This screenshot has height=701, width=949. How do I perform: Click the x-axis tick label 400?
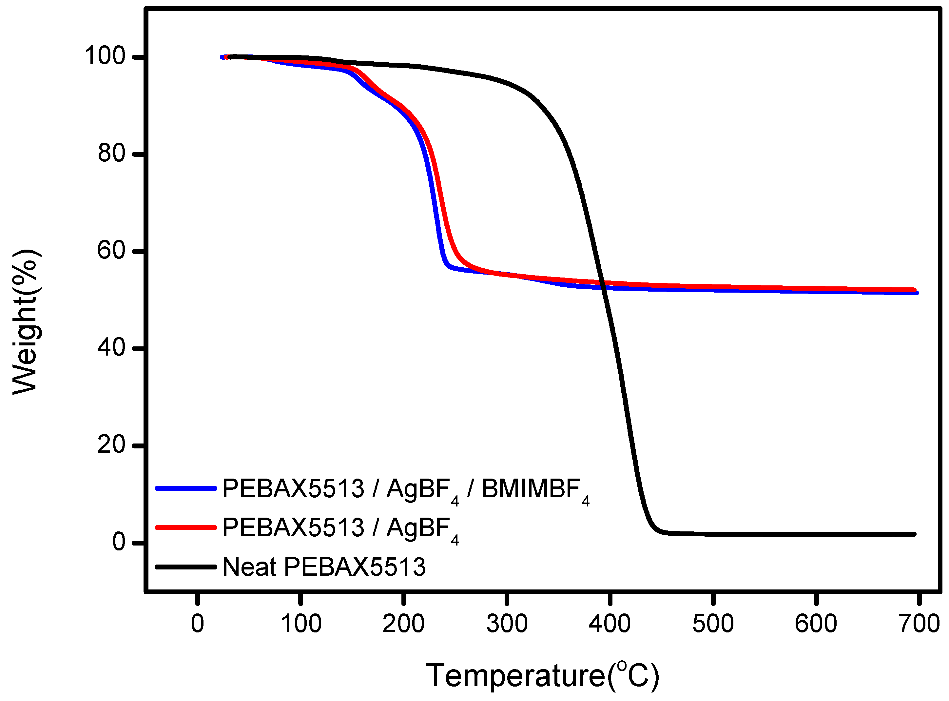(x=610, y=624)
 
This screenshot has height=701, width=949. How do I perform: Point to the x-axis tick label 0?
(x=198, y=624)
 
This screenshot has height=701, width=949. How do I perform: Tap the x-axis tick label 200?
(x=403, y=624)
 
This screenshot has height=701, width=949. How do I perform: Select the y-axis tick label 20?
(x=111, y=445)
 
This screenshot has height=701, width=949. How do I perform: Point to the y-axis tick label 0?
(x=119, y=542)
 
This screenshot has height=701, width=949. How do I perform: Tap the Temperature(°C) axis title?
(x=543, y=675)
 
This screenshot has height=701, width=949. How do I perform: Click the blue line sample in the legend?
(x=186, y=488)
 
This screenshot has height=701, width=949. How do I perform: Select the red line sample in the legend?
(x=186, y=527)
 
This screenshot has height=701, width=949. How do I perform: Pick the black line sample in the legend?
(x=186, y=567)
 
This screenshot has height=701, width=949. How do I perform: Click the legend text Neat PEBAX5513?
(x=324, y=567)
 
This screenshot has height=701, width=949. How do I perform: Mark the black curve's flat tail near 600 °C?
(x=816, y=535)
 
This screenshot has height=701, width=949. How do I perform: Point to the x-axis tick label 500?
(x=713, y=624)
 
